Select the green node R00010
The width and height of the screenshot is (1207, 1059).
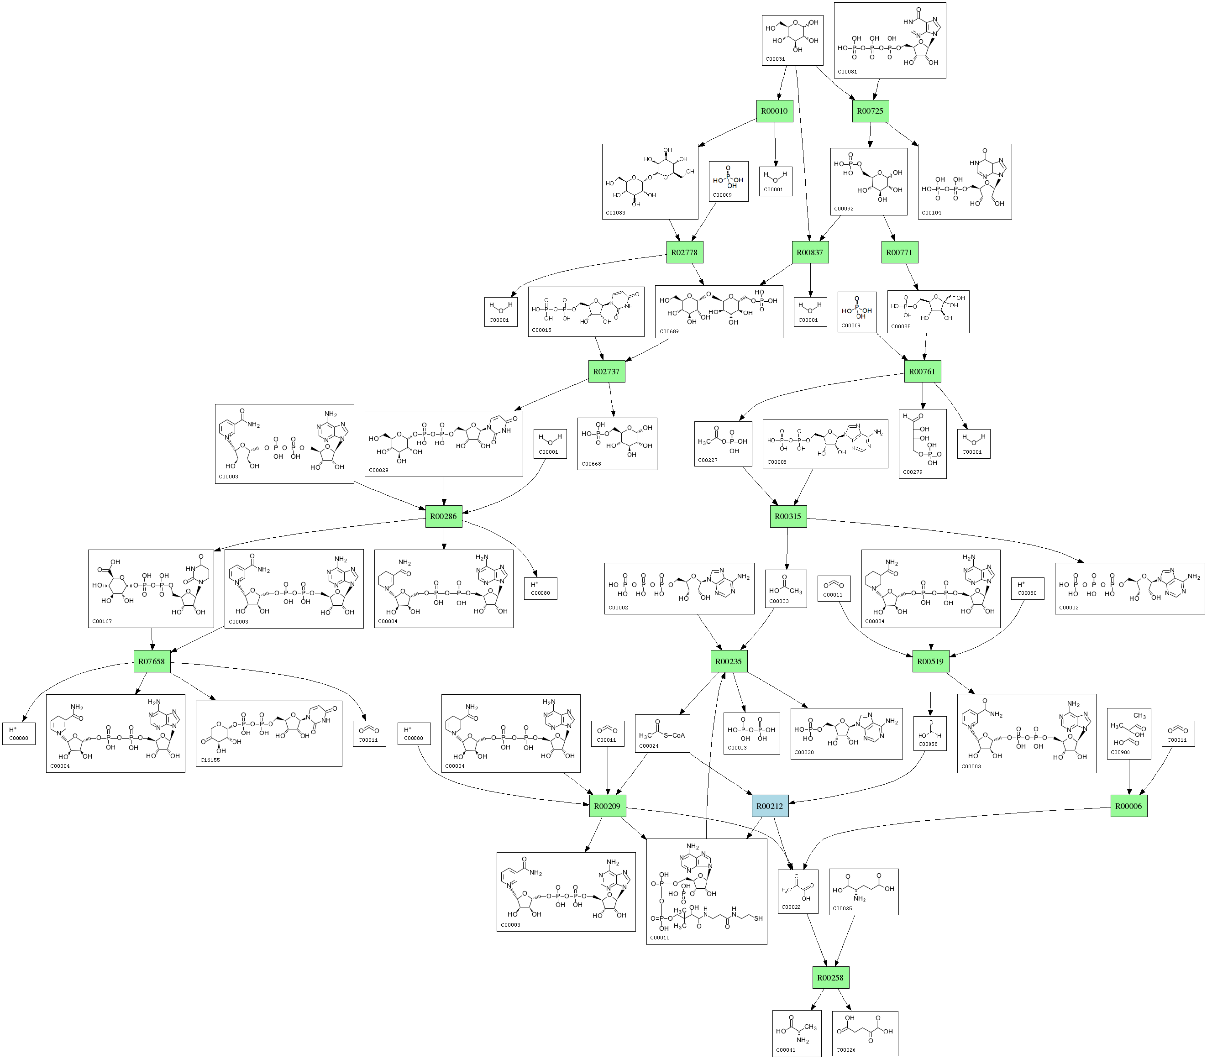pyautogui.click(x=774, y=111)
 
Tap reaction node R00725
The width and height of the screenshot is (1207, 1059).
pyautogui.click(x=870, y=111)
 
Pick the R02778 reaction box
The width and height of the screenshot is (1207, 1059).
pyautogui.click(x=684, y=252)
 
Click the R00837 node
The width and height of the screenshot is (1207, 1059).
pyautogui.click(x=809, y=252)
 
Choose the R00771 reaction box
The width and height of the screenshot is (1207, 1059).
pyautogui.click(x=899, y=252)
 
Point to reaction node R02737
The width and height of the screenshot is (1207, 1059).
pyautogui.click(x=606, y=371)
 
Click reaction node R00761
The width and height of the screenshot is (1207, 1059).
pyautogui.click(x=922, y=371)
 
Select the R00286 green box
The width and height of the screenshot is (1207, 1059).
pyautogui.click(x=443, y=516)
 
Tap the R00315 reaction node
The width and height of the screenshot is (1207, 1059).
pyautogui.click(x=788, y=516)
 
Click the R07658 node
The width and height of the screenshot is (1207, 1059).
pyautogui.click(x=151, y=661)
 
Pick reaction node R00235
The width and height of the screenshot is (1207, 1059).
pyautogui.click(x=728, y=661)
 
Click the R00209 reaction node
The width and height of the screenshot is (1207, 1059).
pyautogui.click(x=607, y=806)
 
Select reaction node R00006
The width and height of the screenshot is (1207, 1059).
pyautogui.click(x=1128, y=806)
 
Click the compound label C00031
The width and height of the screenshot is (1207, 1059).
pyautogui.click(x=775, y=59)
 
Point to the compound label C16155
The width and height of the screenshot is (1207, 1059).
pyautogui.click(x=210, y=760)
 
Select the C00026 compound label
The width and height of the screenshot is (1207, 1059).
pyautogui.click(x=845, y=1049)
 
